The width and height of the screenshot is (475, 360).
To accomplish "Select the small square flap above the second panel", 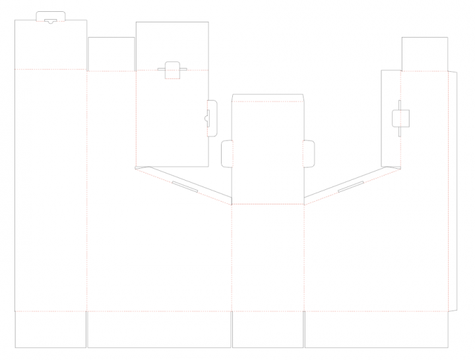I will (x=111, y=53).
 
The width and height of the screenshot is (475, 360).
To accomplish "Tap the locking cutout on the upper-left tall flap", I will (x=172, y=69).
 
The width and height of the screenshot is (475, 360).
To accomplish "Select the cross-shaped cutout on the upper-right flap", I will (x=400, y=119).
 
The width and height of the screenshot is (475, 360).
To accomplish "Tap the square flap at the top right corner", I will (x=424, y=53).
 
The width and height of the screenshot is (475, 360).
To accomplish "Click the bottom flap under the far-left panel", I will (x=50, y=329).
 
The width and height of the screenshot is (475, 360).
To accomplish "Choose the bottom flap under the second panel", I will (x=159, y=329).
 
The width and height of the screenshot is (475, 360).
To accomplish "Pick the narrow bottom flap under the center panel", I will (x=267, y=329).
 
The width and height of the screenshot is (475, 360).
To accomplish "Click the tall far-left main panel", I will (x=50, y=191).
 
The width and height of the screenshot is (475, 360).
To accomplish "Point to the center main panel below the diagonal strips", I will (x=267, y=257).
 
